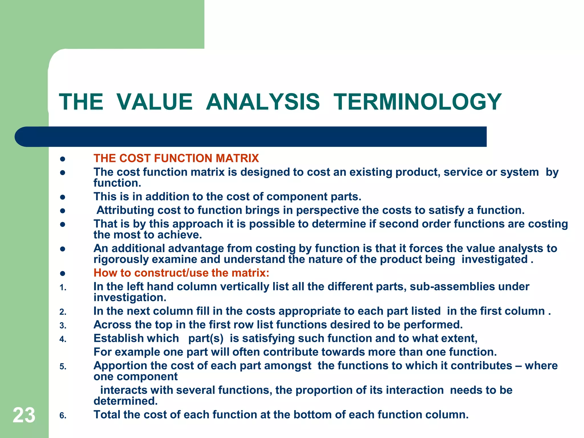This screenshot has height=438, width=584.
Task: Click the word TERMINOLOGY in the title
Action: [417, 102]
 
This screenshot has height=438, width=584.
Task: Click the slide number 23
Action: [24, 415]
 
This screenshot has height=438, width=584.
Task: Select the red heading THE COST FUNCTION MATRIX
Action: [176, 158]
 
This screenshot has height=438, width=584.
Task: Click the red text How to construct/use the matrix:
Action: [181, 273]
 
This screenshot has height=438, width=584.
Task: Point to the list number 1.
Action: [63, 288]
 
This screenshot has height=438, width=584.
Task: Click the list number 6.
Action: [63, 416]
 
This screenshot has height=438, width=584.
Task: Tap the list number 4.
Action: [63, 339]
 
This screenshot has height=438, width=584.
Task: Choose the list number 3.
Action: [63, 326]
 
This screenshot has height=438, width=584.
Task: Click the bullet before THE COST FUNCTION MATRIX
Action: [63, 159]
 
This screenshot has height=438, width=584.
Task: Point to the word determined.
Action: [125, 401]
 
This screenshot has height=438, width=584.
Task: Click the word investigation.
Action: [130, 298]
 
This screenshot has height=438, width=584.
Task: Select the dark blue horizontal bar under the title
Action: [251, 137]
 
